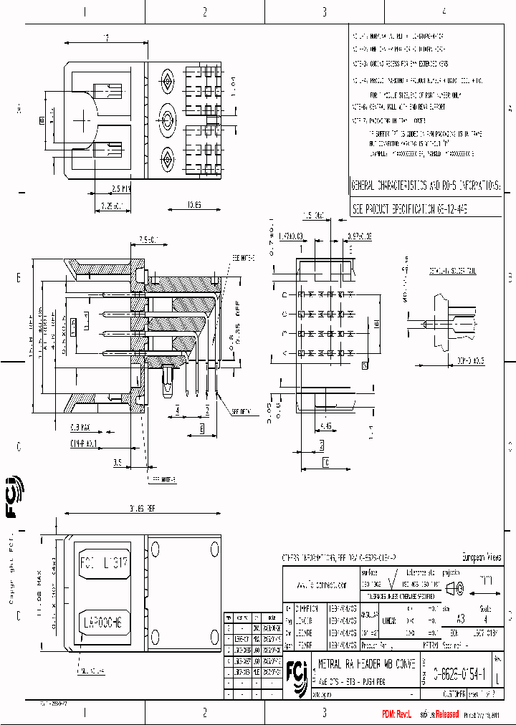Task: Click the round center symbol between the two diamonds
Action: coord(168,117)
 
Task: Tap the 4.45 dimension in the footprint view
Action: coord(326,426)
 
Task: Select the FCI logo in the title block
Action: coord(295,672)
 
